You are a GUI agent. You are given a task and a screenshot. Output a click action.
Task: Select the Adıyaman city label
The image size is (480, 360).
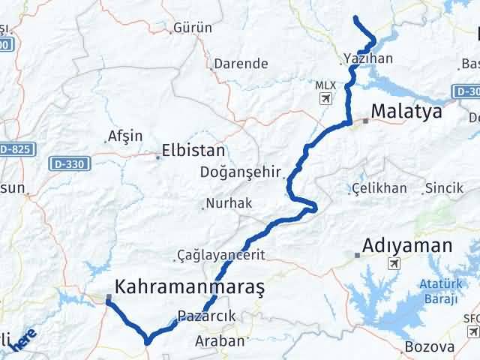pyautogui.click(x=407, y=245)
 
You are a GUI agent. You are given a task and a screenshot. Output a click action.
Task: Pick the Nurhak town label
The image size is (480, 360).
pyautogui.click(x=233, y=203)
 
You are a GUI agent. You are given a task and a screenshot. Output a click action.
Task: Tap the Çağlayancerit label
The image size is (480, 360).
pyautogui.click(x=221, y=255)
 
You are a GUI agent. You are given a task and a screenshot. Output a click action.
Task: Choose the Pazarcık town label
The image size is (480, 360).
pyautogui.click(x=207, y=316)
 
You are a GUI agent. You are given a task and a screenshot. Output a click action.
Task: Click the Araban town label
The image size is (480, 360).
pyautogui.click(x=220, y=340)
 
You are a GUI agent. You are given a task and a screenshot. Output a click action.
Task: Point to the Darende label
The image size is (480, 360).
pyautogui.click(x=241, y=64)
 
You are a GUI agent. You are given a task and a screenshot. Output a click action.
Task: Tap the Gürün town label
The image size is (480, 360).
pyautogui.click(x=193, y=28)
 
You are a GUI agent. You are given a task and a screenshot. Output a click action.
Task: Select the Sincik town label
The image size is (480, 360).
pyautogui.click(x=444, y=188)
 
